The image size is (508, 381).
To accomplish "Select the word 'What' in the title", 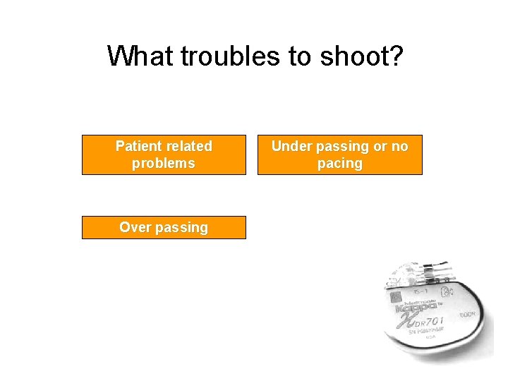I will coord(141,56).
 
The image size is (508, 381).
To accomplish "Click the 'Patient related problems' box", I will coord(164,155).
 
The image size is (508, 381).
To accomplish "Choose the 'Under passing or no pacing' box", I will coord(339,155).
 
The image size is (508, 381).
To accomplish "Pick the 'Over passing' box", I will coord(164,227).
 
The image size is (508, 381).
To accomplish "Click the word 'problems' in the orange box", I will coord(164,163).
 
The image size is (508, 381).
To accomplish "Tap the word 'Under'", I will coord(292,146).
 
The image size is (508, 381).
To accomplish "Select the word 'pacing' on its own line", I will coord(339,163).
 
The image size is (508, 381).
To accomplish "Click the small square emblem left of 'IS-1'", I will coord(396,297).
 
